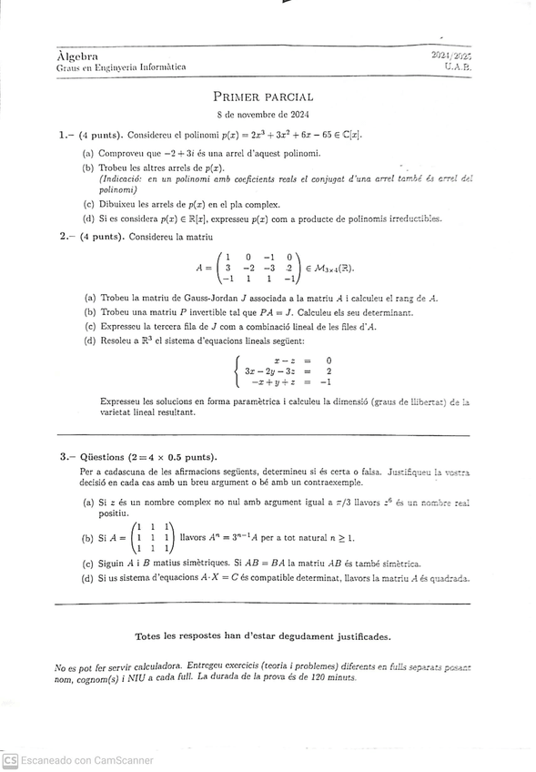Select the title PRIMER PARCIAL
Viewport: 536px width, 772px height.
tap(263, 96)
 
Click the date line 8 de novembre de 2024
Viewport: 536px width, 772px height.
tap(263, 115)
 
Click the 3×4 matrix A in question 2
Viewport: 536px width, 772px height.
tap(258, 268)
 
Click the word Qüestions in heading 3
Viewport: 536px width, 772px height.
tap(105, 457)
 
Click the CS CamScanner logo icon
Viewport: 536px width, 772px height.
tap(10, 760)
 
